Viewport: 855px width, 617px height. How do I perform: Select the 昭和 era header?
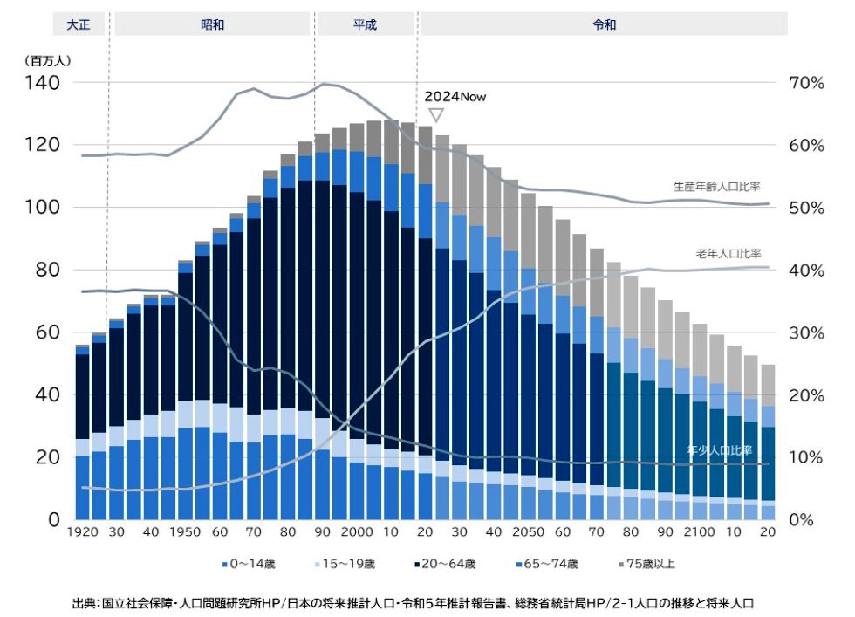pyautogui.click(x=212, y=24)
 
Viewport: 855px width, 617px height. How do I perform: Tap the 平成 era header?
pyautogui.click(x=365, y=24)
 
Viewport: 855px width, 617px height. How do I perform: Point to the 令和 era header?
pyautogui.click(x=604, y=24)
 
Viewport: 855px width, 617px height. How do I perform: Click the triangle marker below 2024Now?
pyautogui.click(x=436, y=114)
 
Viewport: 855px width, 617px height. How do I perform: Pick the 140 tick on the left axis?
pyautogui.click(x=41, y=83)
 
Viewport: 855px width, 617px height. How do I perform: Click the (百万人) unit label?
pyautogui.click(x=48, y=61)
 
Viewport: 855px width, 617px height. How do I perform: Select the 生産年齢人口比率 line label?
pyautogui.click(x=716, y=187)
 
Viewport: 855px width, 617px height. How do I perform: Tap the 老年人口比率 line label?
pyautogui.click(x=728, y=253)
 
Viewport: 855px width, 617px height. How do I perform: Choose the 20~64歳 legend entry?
pyautogui.click(x=452, y=564)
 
